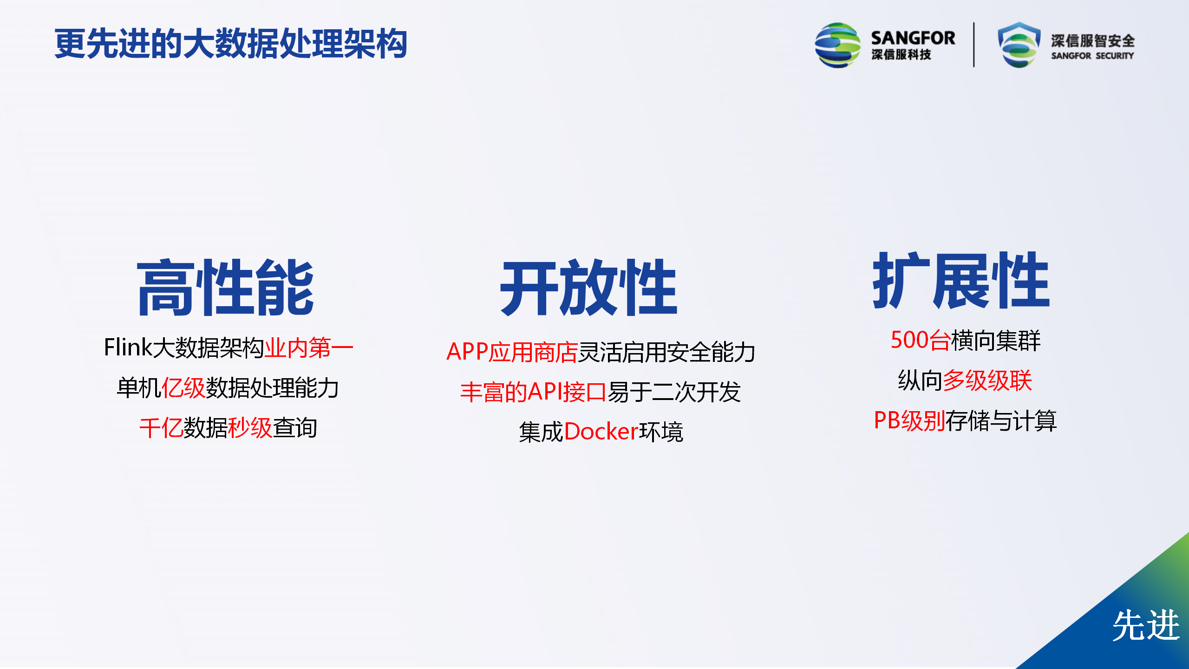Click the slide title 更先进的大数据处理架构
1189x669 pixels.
231,44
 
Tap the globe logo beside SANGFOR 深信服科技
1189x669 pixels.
837,45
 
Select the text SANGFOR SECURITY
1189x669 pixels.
1092,56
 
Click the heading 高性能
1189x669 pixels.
226,288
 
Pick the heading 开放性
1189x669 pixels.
589,288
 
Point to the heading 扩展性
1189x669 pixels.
961,281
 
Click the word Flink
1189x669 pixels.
128,347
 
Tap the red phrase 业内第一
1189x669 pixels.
309,348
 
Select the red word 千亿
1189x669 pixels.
161,428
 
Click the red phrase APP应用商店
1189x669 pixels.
512,352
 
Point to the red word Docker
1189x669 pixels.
601,432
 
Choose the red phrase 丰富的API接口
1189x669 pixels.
533,392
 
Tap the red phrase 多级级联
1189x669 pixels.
987,380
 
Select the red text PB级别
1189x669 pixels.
909,421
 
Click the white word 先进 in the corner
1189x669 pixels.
1146,625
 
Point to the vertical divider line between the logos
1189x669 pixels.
974,45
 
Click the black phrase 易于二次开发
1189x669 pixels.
674,392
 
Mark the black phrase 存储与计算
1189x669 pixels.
1001,421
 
